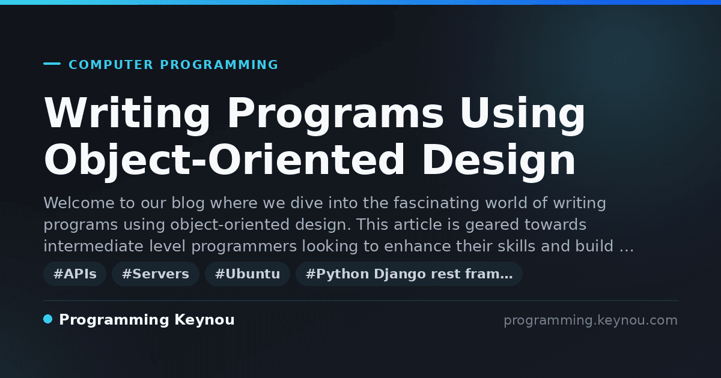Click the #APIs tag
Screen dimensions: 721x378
coord(75,274)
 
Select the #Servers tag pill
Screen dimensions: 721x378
coord(156,274)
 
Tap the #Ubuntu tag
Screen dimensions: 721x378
coord(248,274)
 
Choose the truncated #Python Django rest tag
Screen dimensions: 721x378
coord(409,274)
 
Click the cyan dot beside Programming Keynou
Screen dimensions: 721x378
coord(48,319)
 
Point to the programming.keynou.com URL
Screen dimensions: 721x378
coord(591,320)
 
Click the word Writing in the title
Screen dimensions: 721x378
coord(127,113)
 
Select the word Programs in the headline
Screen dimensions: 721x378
coord(336,113)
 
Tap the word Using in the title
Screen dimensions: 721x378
coord(523,113)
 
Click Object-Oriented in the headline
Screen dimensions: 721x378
coord(224,160)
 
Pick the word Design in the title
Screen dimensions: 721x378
coord(499,160)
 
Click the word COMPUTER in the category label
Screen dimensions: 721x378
coord(111,65)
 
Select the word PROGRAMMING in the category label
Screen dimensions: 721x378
coord(219,65)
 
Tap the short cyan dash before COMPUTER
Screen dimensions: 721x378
coord(52,64)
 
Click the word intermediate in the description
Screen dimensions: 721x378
coord(93,246)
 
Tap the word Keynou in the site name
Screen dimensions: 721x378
coord(204,320)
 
